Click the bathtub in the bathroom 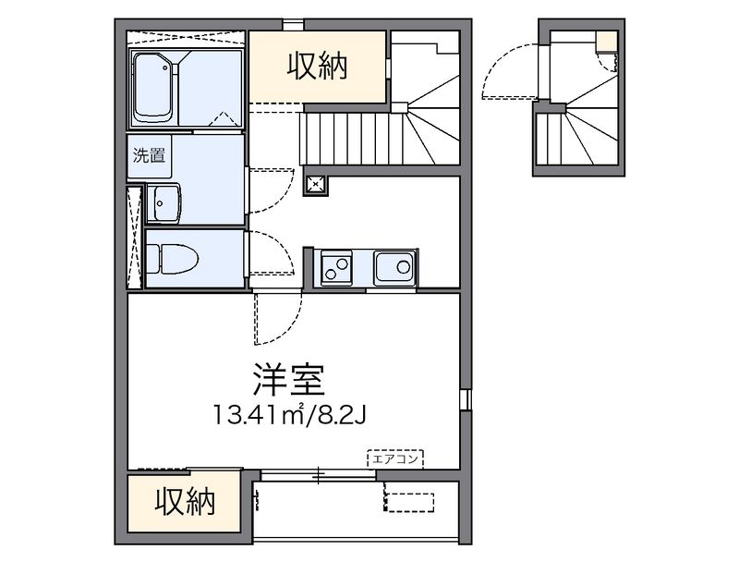click(x=153, y=87)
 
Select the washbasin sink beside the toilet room click(x=164, y=202)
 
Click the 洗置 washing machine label click(x=149, y=155)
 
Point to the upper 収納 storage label click(x=317, y=67)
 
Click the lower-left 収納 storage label click(x=185, y=503)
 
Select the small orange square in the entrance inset click(x=606, y=42)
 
